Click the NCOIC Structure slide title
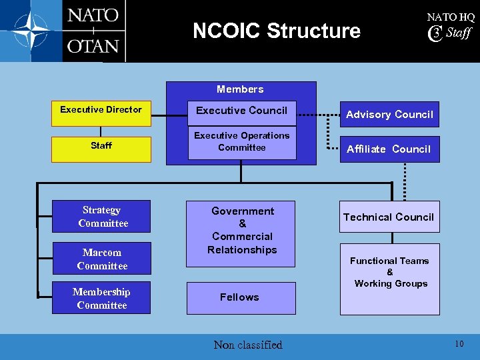tap(276, 31)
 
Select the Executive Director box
tap(101, 111)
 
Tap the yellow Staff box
tap(101, 145)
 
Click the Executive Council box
tap(241, 111)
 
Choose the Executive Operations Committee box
tap(241, 142)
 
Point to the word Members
tap(240, 89)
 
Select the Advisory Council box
tap(389, 115)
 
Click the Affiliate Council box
tap(389, 149)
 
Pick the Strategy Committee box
tap(102, 217)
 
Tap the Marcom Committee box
tap(102, 259)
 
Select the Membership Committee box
tap(102, 299)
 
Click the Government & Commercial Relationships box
tap(241, 231)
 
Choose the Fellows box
tap(240, 297)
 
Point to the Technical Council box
tap(389, 217)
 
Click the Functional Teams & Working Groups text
tap(390, 272)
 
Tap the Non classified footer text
tap(248, 345)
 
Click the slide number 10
tap(459, 344)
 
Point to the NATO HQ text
tap(451, 17)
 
